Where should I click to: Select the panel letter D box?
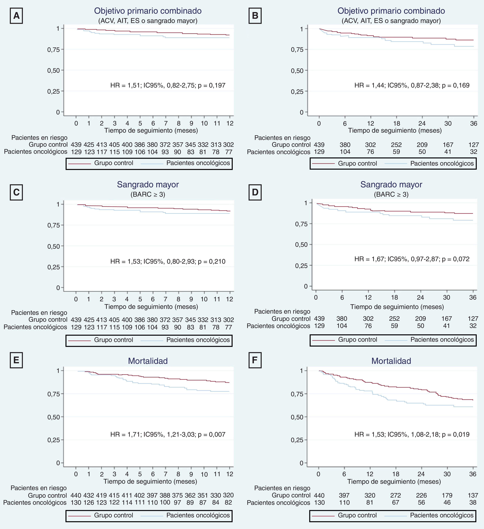point(255,192)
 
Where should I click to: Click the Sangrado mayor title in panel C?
point(148,184)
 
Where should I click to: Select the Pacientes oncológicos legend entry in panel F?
point(442,515)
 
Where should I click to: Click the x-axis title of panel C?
point(151,306)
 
